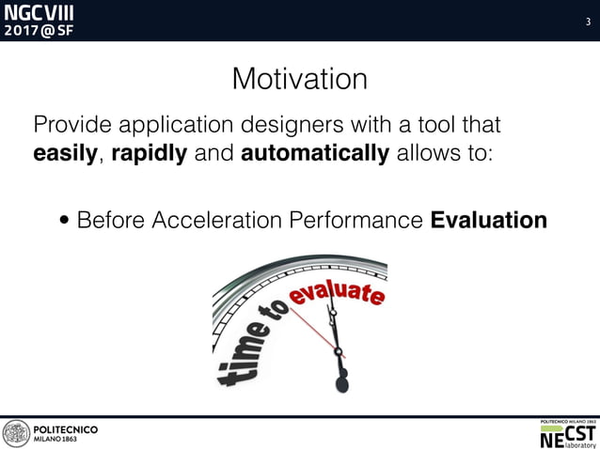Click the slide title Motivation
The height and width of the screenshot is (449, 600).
pos(299,79)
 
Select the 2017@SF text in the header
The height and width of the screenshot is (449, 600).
pos(39,30)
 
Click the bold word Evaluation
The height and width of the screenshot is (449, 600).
pos(488,221)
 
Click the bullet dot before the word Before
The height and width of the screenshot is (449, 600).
pos(64,222)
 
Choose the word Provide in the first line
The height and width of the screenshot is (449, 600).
pos(71,124)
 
